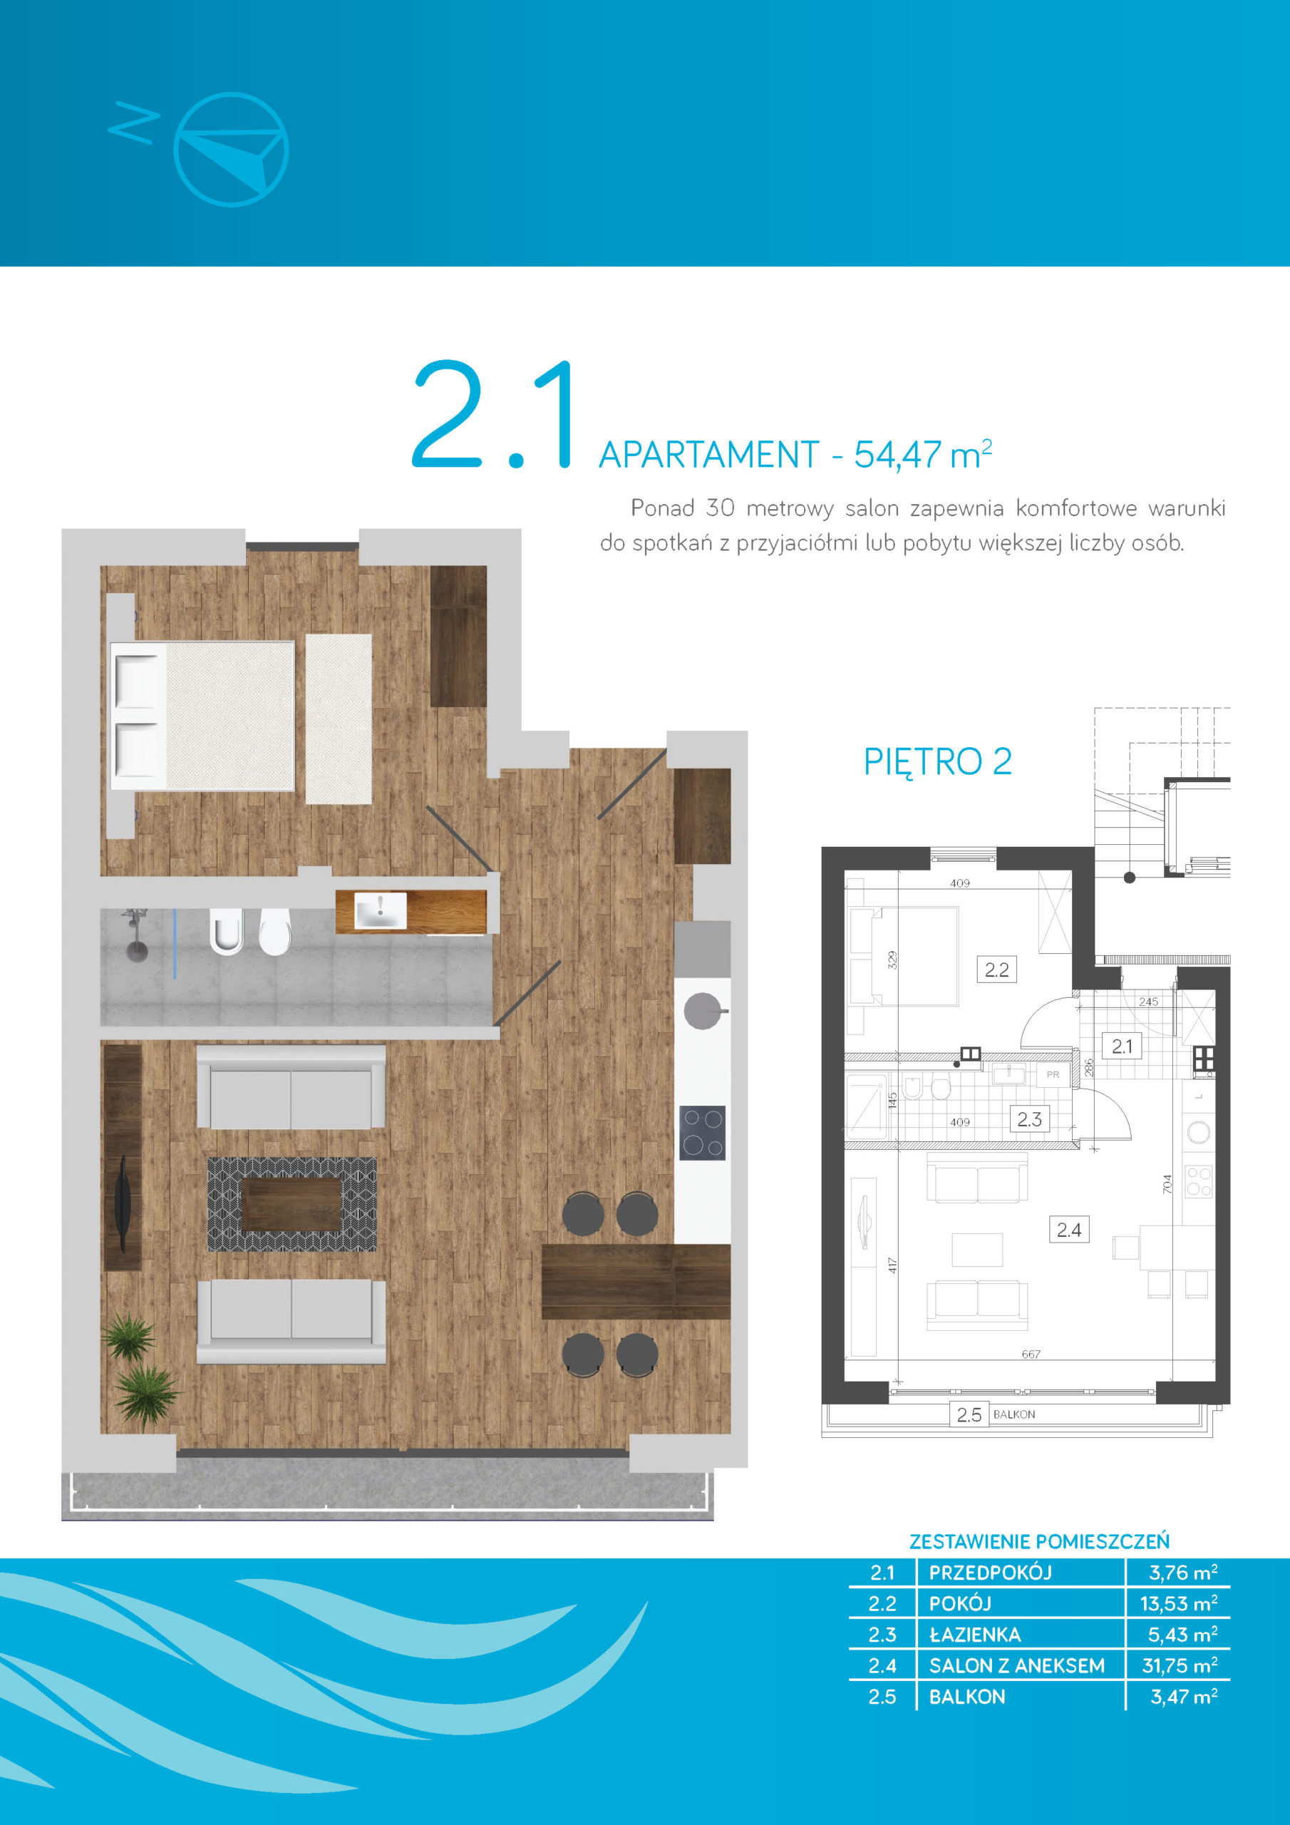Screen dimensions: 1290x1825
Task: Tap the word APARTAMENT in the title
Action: (709, 456)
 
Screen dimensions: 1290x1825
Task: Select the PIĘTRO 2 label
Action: (938, 761)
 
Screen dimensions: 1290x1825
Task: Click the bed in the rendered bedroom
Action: (202, 715)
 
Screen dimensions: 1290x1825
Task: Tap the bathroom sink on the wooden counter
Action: (380, 911)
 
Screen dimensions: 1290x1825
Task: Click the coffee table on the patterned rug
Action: (291, 1204)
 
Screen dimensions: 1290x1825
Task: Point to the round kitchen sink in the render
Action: (703, 1011)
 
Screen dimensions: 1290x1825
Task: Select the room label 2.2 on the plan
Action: (996, 970)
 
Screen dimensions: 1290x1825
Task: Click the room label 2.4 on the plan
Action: (1069, 1230)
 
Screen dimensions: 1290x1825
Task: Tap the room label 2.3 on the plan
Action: (1029, 1119)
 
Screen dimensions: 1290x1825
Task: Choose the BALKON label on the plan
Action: (1014, 1414)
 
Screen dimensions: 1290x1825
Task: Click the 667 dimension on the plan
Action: (1031, 1354)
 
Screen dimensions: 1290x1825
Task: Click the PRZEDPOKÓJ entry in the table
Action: (991, 1572)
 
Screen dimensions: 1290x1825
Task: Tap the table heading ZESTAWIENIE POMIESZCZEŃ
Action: (1040, 1542)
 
